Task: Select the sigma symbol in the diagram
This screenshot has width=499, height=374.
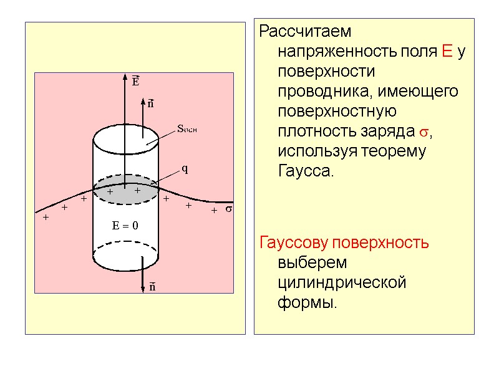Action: (x=228, y=209)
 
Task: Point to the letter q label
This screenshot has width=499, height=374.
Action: (x=185, y=169)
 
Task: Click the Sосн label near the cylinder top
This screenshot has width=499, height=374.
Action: (x=187, y=130)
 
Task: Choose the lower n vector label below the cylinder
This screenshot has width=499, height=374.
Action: (x=152, y=287)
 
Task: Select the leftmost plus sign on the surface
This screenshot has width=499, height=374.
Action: (x=46, y=218)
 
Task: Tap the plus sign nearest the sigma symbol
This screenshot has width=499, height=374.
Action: (x=213, y=211)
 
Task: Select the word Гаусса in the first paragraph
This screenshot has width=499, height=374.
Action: (x=306, y=171)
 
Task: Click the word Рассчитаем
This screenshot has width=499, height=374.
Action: (x=306, y=31)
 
